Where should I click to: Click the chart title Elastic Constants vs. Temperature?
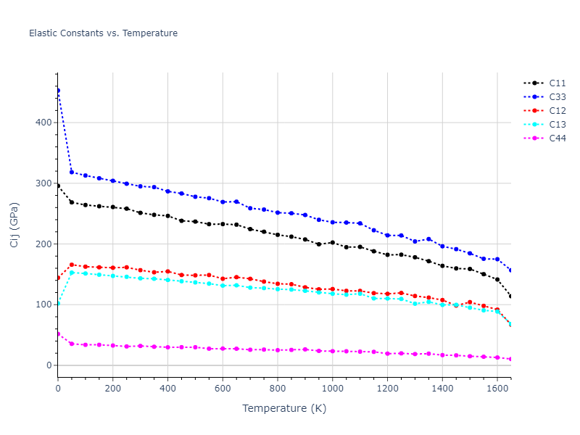click(103, 33)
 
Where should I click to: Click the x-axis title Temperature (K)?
click(284, 408)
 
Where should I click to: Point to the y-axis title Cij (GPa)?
click(14, 225)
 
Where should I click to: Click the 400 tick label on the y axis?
click(43, 123)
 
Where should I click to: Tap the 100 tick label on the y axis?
click(43, 304)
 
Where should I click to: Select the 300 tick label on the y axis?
click(43, 183)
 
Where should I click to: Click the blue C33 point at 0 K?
click(58, 91)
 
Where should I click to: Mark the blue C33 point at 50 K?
click(72, 172)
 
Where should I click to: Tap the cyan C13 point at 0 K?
click(58, 303)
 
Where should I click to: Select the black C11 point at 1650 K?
click(510, 296)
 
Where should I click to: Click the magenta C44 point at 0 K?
click(58, 333)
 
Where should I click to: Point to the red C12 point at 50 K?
click(72, 265)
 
